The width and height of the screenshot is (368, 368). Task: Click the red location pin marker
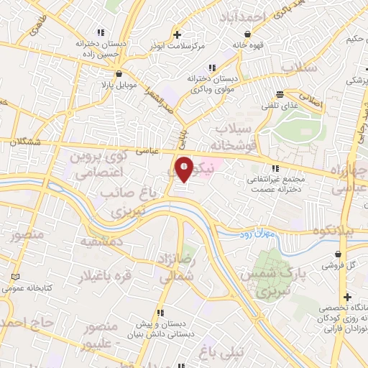coord(185,169)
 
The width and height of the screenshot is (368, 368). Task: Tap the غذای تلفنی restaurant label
coord(282,106)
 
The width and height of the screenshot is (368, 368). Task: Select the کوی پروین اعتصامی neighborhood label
coord(101,163)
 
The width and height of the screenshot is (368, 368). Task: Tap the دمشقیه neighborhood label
coord(101,242)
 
